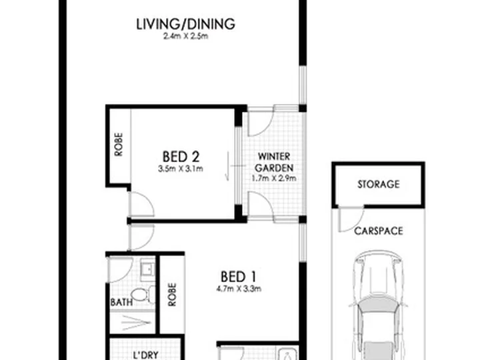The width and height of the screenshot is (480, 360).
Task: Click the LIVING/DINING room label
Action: click(x=185, y=24)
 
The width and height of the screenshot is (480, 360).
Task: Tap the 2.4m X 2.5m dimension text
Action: click(x=185, y=37)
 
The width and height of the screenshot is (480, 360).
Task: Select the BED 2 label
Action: click(x=181, y=157)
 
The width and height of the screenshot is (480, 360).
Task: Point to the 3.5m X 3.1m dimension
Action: click(x=181, y=169)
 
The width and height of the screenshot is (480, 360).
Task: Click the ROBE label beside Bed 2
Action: click(x=119, y=145)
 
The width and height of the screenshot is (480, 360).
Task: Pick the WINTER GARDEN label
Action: click(x=274, y=162)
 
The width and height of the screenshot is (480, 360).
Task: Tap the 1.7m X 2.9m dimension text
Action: click(x=274, y=178)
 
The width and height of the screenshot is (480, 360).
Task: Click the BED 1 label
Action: click(x=238, y=277)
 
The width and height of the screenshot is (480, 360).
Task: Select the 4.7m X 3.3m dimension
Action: click(x=239, y=289)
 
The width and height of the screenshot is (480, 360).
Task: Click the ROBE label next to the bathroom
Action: click(x=172, y=295)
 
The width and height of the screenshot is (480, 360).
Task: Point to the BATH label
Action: click(x=121, y=303)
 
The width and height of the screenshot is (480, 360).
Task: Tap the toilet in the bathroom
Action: click(x=143, y=295)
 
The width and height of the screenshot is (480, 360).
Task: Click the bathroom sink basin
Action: click(x=147, y=269)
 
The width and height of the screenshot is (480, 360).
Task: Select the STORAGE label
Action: click(x=379, y=184)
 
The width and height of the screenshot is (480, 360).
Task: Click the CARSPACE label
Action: click(x=379, y=231)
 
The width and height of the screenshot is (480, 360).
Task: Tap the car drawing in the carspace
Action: click(x=379, y=305)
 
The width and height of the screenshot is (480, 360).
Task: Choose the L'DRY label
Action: click(x=146, y=355)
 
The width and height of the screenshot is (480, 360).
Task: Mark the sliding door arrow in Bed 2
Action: click(x=227, y=166)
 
